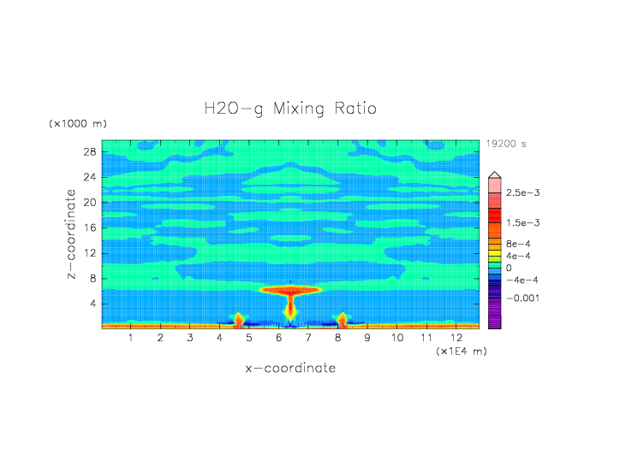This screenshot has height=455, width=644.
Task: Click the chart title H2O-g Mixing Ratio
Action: (x=289, y=109)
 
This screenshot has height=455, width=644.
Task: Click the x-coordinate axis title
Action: (x=290, y=369)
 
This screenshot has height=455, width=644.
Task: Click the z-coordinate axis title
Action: (x=72, y=234)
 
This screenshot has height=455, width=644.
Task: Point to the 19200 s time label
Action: (x=506, y=144)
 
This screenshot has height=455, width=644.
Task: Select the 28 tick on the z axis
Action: (x=89, y=151)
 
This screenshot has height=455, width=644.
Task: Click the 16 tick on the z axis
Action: (x=89, y=227)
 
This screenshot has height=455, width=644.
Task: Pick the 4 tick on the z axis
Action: (x=92, y=304)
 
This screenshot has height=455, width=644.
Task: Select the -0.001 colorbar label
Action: (x=522, y=298)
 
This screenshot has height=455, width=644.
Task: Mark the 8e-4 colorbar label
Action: (x=517, y=244)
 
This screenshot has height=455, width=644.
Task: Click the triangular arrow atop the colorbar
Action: (x=494, y=175)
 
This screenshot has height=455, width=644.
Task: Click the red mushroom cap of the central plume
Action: (x=290, y=290)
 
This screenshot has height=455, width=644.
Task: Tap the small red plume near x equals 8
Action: (x=342, y=319)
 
